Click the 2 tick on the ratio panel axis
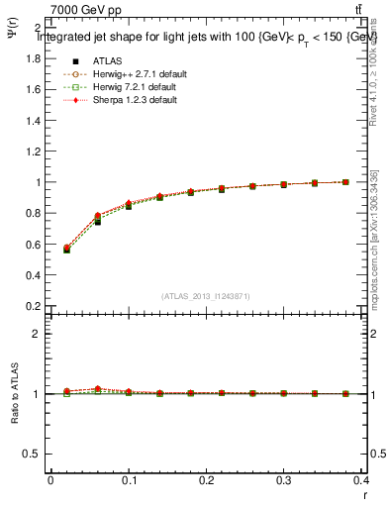click(x=38, y=334)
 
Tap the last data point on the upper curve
click(x=345, y=182)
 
